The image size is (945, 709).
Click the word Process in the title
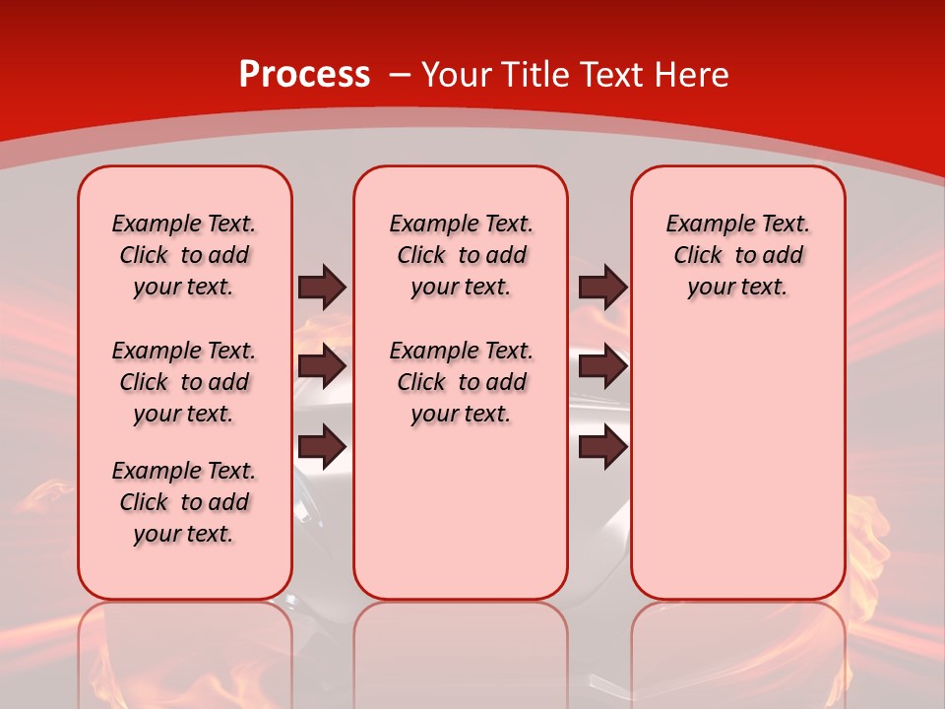click(x=304, y=75)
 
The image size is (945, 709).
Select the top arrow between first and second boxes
click(x=322, y=287)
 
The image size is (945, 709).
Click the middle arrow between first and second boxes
click(x=322, y=367)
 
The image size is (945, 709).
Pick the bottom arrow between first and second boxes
click(x=322, y=447)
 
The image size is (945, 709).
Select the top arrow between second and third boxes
click(x=602, y=287)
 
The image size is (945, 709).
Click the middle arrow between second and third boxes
click(x=602, y=367)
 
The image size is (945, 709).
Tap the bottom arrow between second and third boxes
click(x=602, y=447)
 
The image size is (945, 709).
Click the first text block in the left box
click(x=184, y=255)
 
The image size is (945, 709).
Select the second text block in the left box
click(x=184, y=382)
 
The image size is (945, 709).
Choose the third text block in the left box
click(x=184, y=502)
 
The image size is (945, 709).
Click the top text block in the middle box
click(x=461, y=255)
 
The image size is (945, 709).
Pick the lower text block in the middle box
click(x=461, y=382)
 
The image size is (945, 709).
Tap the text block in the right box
click(x=737, y=255)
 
